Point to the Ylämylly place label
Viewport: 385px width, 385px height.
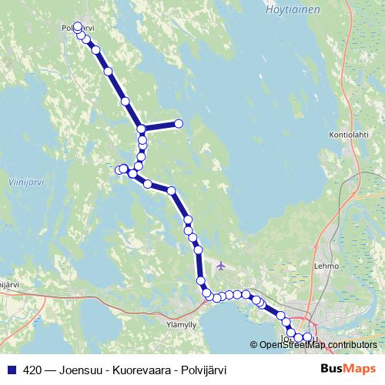pos(181,325)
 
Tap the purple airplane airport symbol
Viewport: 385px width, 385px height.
pos(223,266)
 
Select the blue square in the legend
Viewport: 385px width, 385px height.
pos(11,370)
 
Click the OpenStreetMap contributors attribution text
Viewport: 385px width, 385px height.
pos(318,344)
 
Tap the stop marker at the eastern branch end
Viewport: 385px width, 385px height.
pos(179,123)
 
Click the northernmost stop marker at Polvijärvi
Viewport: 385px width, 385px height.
pos(78,27)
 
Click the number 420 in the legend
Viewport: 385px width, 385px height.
pos(33,370)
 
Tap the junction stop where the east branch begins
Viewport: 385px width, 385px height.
pos(142,129)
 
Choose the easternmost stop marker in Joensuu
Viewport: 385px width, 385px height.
pos(308,336)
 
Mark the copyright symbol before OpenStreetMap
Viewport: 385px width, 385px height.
pos(254,344)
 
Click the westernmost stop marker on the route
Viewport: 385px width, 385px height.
pos(119,169)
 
